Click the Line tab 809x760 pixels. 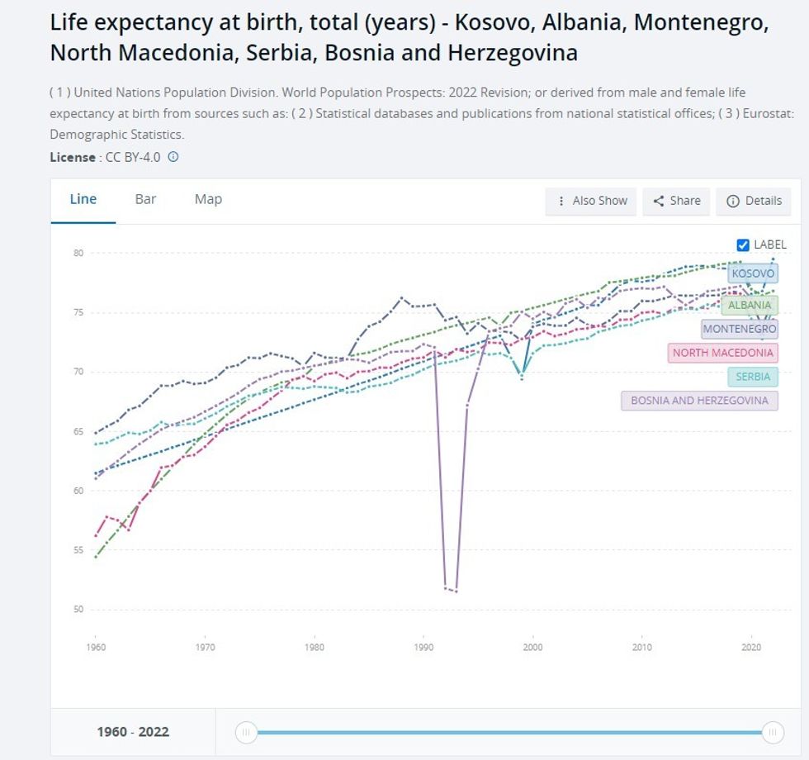coord(83,199)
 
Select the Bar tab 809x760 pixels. coord(145,199)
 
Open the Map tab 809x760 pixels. coord(208,199)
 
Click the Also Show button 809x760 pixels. coord(591,201)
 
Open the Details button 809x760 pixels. coord(754,201)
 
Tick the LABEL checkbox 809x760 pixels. coord(743,245)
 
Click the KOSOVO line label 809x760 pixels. coord(753,273)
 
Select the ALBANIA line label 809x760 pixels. coord(750,305)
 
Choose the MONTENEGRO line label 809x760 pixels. coord(739,329)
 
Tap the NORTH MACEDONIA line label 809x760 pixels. coord(722,353)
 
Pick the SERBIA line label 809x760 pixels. coord(753,377)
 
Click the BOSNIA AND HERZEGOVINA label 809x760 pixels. coord(699,401)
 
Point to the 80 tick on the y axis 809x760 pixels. coord(78,253)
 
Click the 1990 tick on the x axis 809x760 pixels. coord(423,648)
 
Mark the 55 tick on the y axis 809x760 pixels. coord(78,550)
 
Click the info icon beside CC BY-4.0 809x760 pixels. coord(173,156)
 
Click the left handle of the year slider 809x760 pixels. coord(245,732)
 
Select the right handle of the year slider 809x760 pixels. coord(773,732)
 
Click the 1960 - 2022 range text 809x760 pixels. coord(132,732)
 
